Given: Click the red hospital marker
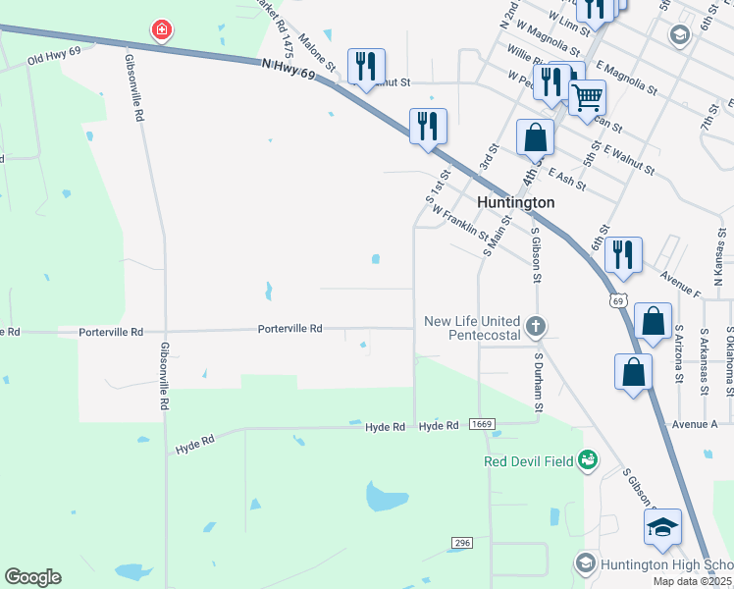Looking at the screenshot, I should click(x=162, y=31).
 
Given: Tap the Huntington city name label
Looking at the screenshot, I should click(x=515, y=202).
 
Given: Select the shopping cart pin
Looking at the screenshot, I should click(x=587, y=98).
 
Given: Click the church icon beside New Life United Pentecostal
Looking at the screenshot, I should click(x=535, y=325).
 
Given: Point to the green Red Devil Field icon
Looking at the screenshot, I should click(x=588, y=459).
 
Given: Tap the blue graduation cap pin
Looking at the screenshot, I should click(x=662, y=527).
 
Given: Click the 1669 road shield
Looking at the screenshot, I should click(x=481, y=424).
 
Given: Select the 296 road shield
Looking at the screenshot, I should click(x=463, y=543).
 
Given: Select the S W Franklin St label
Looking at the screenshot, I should click(x=458, y=221).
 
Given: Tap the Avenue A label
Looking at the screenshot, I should click(x=695, y=424).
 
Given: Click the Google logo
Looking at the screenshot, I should click(x=32, y=577).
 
